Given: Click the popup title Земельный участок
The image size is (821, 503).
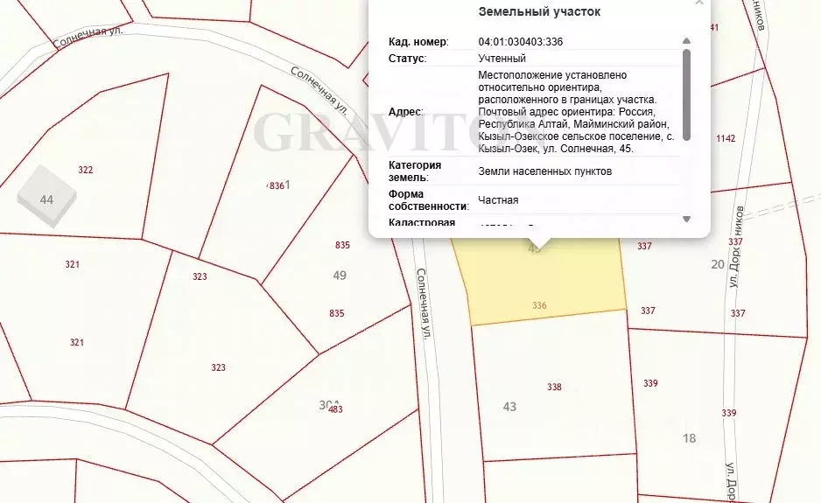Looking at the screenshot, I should [x=539, y=12].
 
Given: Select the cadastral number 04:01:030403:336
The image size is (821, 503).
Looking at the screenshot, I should [x=520, y=41].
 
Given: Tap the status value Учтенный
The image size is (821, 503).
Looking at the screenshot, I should [x=502, y=59].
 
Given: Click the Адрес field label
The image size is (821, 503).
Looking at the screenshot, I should [x=405, y=112].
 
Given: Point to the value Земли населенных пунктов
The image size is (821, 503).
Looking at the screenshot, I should [x=544, y=171].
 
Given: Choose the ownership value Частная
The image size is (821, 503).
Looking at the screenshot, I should [x=498, y=200].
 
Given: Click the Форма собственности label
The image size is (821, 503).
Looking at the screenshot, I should [x=428, y=200].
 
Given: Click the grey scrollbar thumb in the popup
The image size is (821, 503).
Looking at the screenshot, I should [x=686, y=94].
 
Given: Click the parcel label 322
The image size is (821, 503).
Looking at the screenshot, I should [x=85, y=170].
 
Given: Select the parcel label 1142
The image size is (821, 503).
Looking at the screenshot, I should [x=726, y=139].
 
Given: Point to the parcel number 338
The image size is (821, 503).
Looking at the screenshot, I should [x=553, y=387].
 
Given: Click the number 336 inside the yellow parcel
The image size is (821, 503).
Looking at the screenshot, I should [x=539, y=305].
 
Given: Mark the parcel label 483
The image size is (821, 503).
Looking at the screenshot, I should [x=335, y=409].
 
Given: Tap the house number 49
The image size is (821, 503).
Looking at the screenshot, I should [x=340, y=276].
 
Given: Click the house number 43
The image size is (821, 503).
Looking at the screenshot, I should [x=510, y=407].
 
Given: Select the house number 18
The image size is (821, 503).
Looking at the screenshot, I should [x=689, y=438].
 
